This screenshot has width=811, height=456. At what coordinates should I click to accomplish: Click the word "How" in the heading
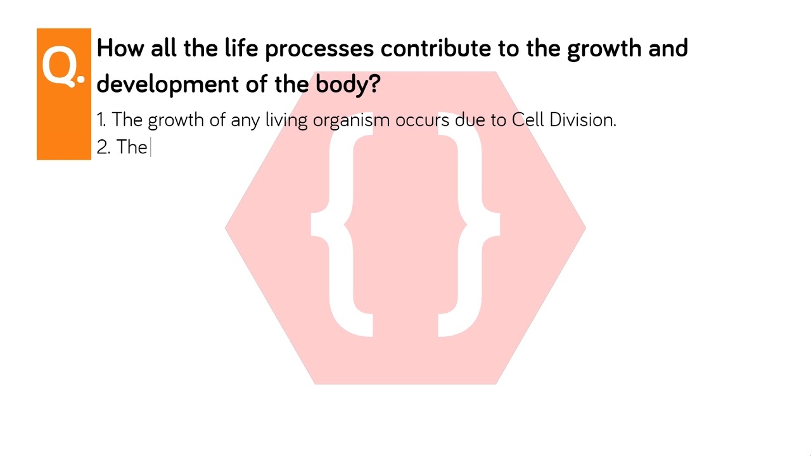tap(120, 48)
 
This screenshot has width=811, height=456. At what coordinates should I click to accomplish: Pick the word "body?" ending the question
tap(348, 84)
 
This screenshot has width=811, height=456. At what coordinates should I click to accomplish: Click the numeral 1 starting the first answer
tap(100, 120)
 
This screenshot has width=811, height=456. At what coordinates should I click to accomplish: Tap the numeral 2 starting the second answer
tap(102, 148)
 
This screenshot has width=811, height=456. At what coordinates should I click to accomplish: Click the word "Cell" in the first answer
tap(528, 120)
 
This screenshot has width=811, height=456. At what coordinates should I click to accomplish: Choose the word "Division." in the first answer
tap(583, 120)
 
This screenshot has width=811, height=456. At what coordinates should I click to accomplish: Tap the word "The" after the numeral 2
tap(132, 148)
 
